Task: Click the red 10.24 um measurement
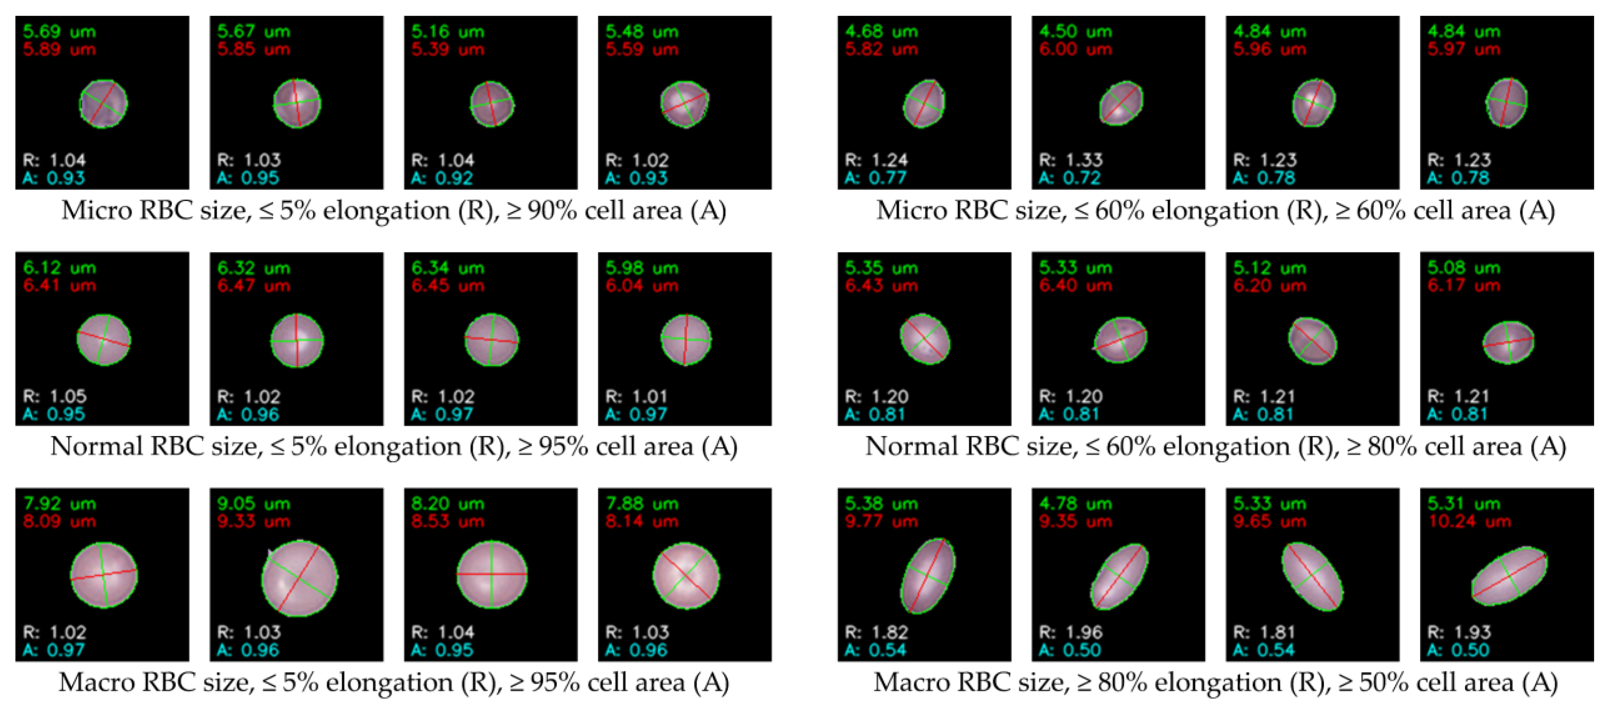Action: tap(1469, 522)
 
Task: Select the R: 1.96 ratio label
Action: tap(1070, 632)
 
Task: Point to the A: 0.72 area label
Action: tap(1070, 178)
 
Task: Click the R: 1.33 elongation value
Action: tap(1070, 160)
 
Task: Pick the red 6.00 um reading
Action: tap(1075, 49)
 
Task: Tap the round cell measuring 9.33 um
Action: tap(300, 578)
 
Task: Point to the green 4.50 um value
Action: tap(1075, 31)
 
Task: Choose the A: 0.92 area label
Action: tap(442, 178)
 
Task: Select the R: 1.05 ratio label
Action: tap(55, 396)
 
